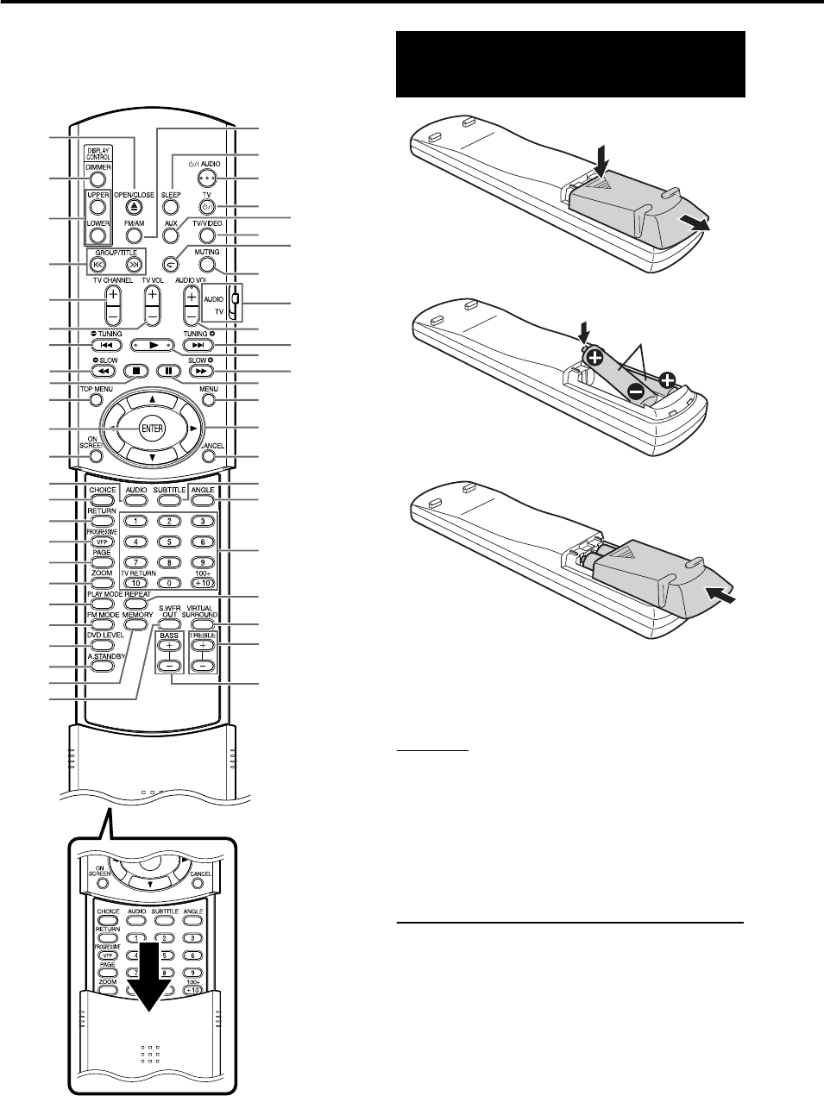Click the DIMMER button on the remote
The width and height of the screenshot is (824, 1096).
[x=97, y=180]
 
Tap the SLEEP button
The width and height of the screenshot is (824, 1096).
[x=171, y=208]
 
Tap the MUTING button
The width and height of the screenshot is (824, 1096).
[x=207, y=265]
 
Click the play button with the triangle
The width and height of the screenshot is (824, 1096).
[x=152, y=345]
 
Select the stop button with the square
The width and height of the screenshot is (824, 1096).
[x=135, y=372]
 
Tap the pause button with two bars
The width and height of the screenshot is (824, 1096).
[x=169, y=372]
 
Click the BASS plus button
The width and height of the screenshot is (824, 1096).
[x=169, y=645]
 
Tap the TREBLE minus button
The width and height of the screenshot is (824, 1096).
[x=204, y=667]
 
